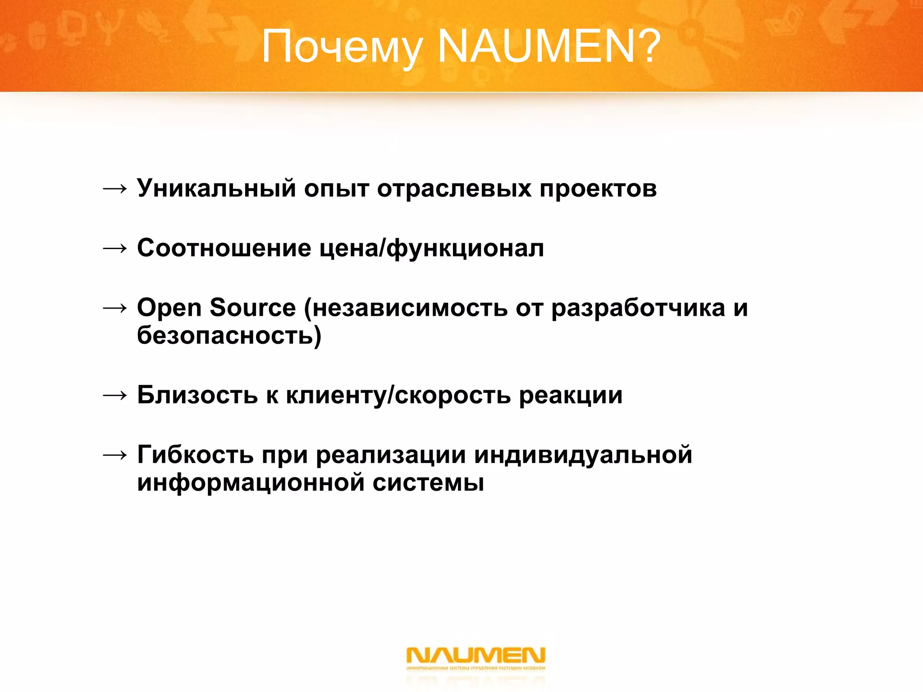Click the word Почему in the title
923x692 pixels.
(342, 47)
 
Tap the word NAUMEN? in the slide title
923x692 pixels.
(549, 46)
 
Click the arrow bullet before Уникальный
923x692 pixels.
(114, 189)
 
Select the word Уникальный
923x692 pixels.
(216, 188)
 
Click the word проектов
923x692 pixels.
(598, 188)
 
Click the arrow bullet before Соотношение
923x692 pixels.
(114, 248)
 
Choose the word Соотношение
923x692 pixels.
(224, 248)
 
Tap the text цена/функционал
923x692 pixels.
(431, 248)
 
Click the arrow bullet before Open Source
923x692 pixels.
(114, 308)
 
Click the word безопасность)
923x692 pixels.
(229, 336)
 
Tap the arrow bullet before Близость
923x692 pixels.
(114, 396)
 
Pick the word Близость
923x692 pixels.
(197, 395)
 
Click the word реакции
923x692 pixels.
(571, 396)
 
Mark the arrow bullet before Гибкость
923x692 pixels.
(114, 455)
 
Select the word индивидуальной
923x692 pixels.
(583, 455)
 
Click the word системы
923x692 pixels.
(428, 483)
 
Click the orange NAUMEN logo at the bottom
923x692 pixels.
(475, 658)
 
